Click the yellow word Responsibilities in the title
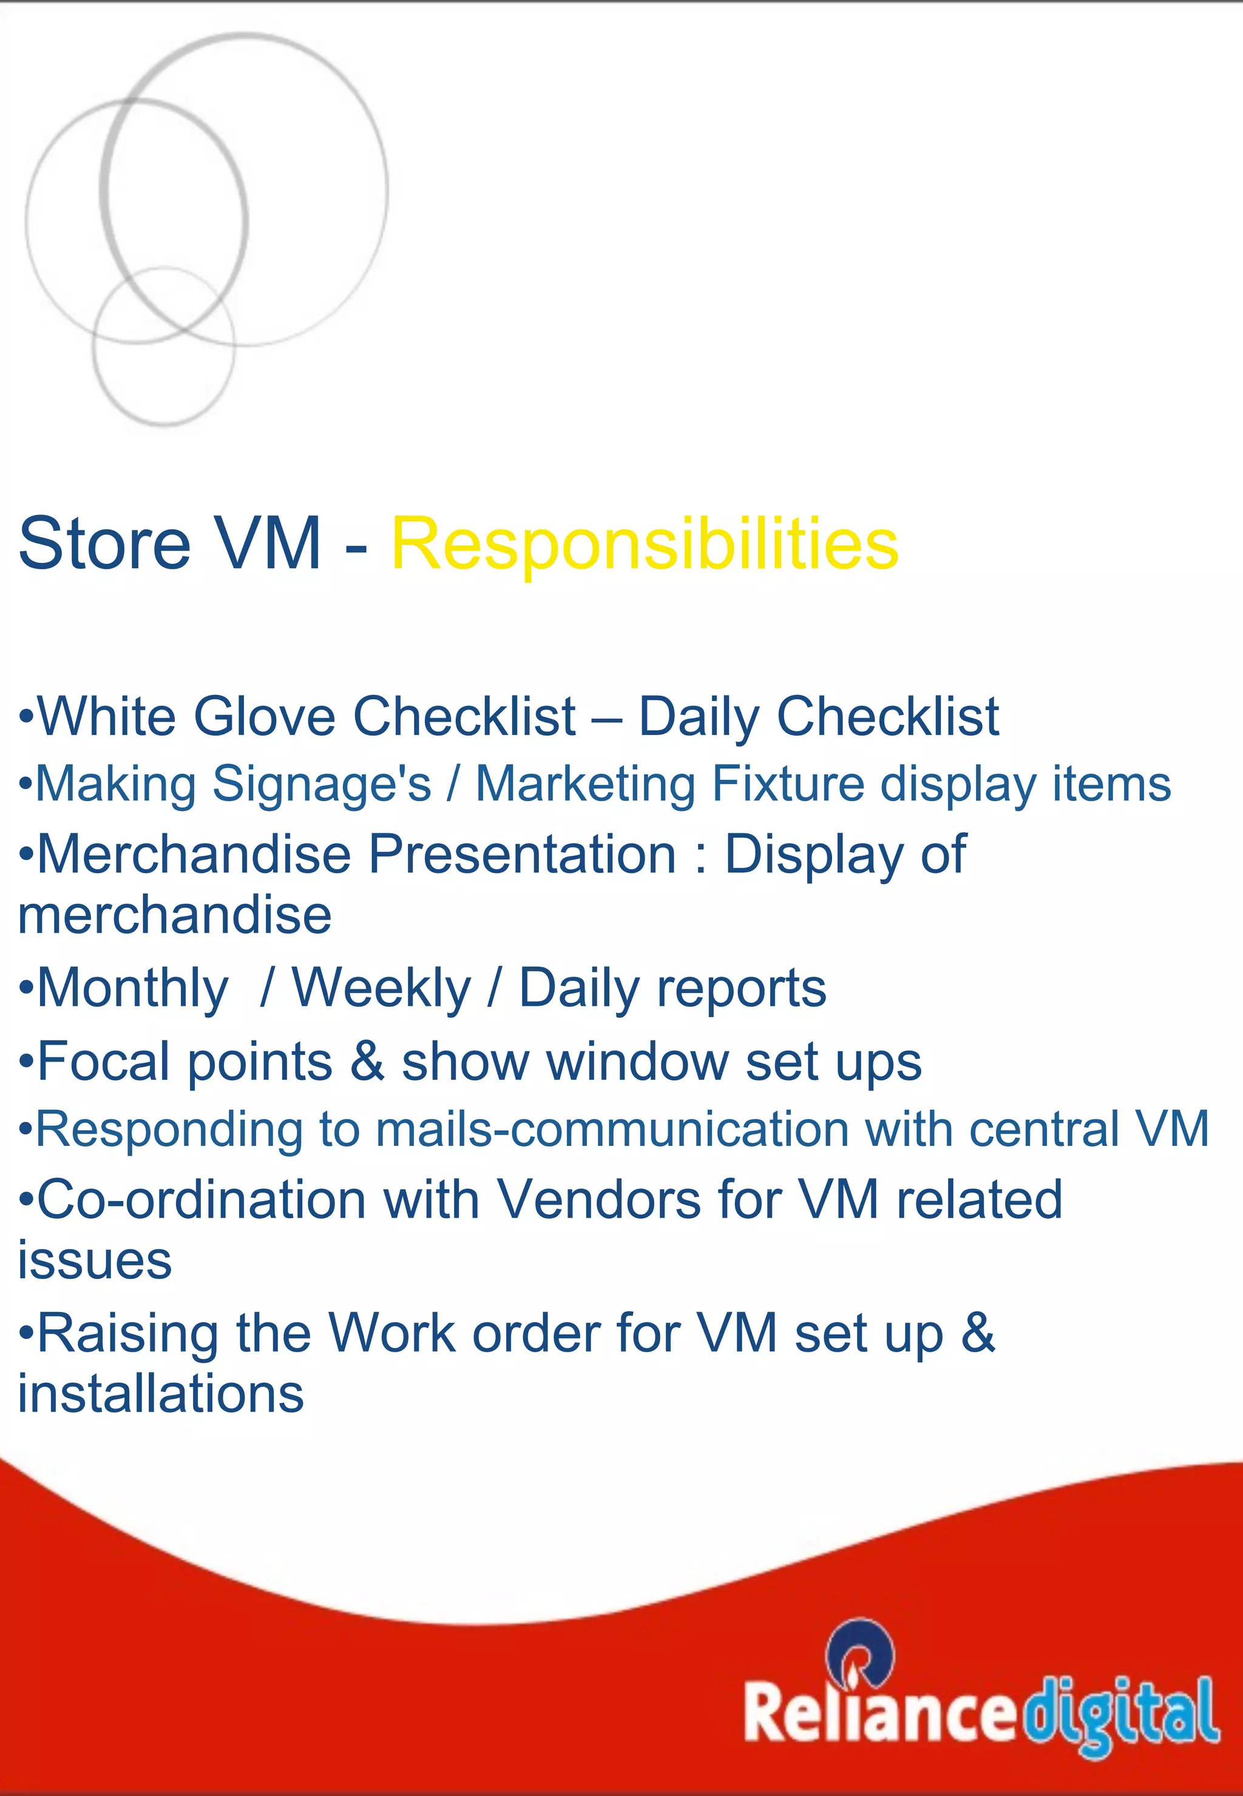click(644, 544)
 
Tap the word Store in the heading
click(104, 544)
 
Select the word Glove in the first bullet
click(264, 717)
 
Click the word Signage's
click(321, 784)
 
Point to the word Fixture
click(787, 784)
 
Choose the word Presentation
click(522, 855)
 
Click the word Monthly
click(133, 988)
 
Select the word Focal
click(107, 1062)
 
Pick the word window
click(637, 1062)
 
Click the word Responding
click(169, 1130)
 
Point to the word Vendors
click(599, 1199)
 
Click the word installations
click(160, 1394)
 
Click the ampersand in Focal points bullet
click(367, 1062)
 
